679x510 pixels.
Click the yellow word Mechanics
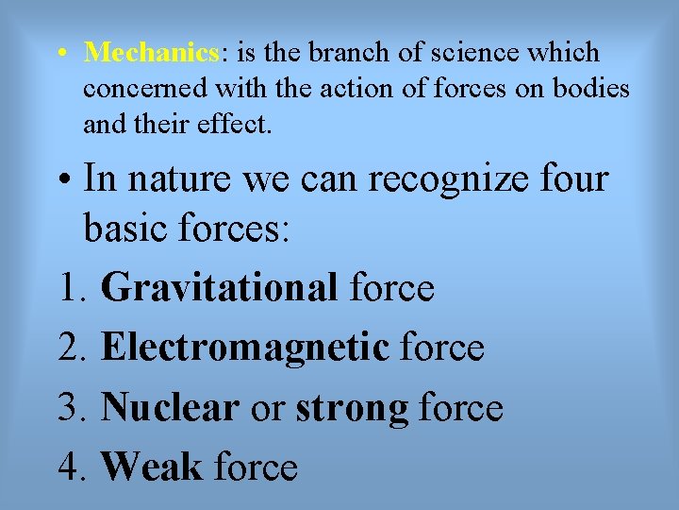pos(150,53)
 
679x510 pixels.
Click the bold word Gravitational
pos(219,287)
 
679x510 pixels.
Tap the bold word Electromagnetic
pos(244,348)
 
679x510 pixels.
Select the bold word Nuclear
pos(170,407)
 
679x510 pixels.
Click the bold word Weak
pos(151,467)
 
